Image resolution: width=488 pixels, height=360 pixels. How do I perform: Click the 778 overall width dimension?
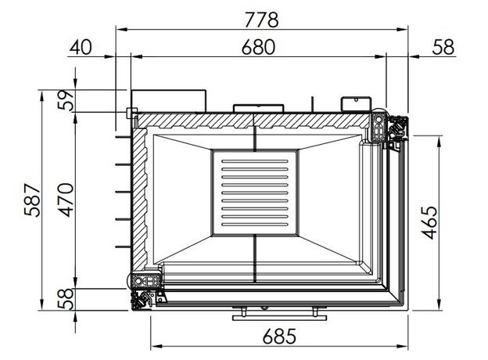(261, 20)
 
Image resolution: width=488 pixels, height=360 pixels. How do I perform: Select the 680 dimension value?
(258, 47)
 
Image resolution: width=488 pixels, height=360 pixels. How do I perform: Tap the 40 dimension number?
(81, 47)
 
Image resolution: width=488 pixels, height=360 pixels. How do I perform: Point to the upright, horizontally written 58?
(443, 47)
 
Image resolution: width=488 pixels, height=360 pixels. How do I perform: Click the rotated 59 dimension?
(66, 100)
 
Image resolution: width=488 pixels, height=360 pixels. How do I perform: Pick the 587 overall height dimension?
(32, 200)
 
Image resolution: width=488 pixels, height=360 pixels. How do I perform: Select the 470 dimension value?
(66, 200)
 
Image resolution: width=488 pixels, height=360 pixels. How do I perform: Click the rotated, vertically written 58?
(66, 299)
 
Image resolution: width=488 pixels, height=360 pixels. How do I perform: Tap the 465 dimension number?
(429, 222)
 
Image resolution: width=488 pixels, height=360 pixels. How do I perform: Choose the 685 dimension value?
(279, 337)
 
